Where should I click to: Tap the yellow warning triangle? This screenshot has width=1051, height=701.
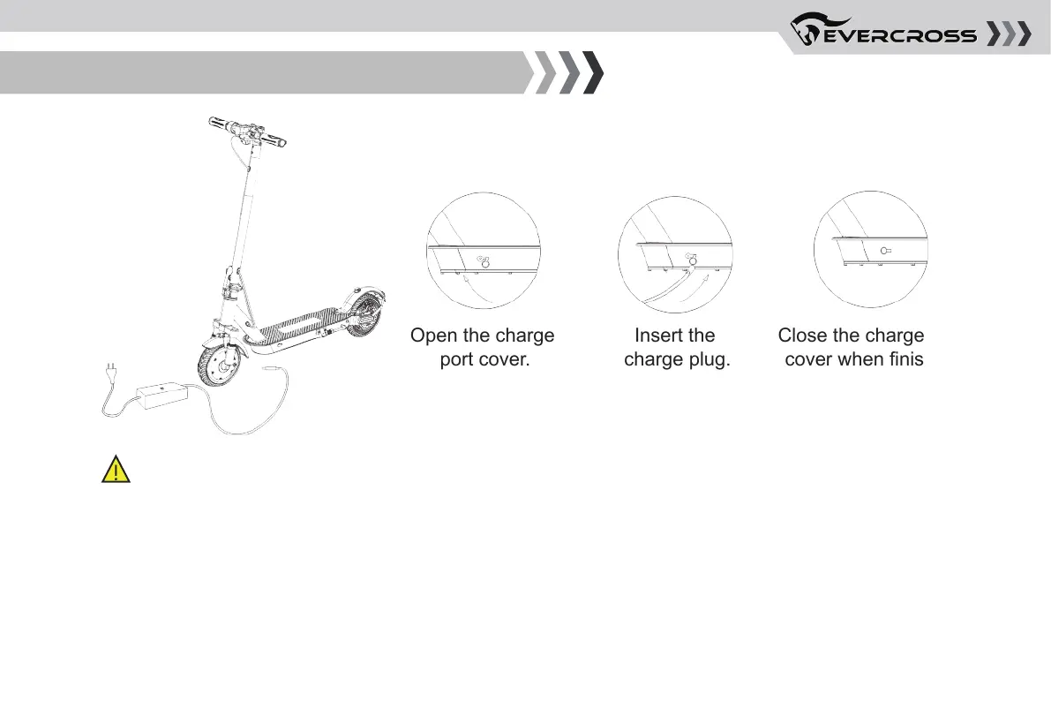coord(116,471)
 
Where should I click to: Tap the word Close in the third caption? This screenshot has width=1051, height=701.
coord(801,336)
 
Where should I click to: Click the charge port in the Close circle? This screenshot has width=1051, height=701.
coord(882,250)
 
